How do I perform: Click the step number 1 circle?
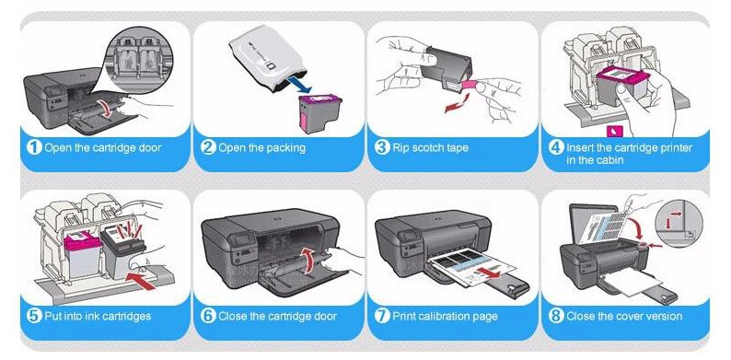[34, 148]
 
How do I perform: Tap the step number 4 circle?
[556, 148]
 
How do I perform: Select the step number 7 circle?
[382, 316]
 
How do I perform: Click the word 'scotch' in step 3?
[423, 148]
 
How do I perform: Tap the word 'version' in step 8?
[665, 316]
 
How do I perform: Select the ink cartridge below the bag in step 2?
[319, 113]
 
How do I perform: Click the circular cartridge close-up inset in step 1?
[139, 61]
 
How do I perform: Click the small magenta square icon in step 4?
[613, 131]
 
